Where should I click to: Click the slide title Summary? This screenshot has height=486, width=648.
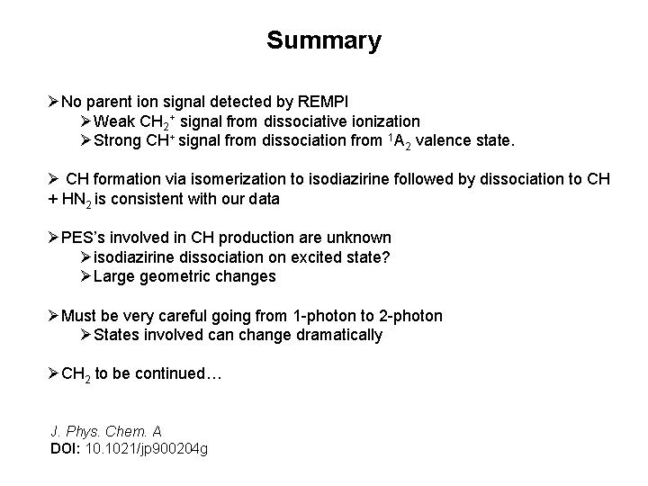[324, 41]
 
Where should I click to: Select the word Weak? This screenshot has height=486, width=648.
[114, 121]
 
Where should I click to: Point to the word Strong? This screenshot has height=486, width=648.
[120, 140]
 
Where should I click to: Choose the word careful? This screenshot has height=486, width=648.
[201, 315]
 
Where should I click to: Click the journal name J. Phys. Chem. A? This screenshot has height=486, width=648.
[106, 431]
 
